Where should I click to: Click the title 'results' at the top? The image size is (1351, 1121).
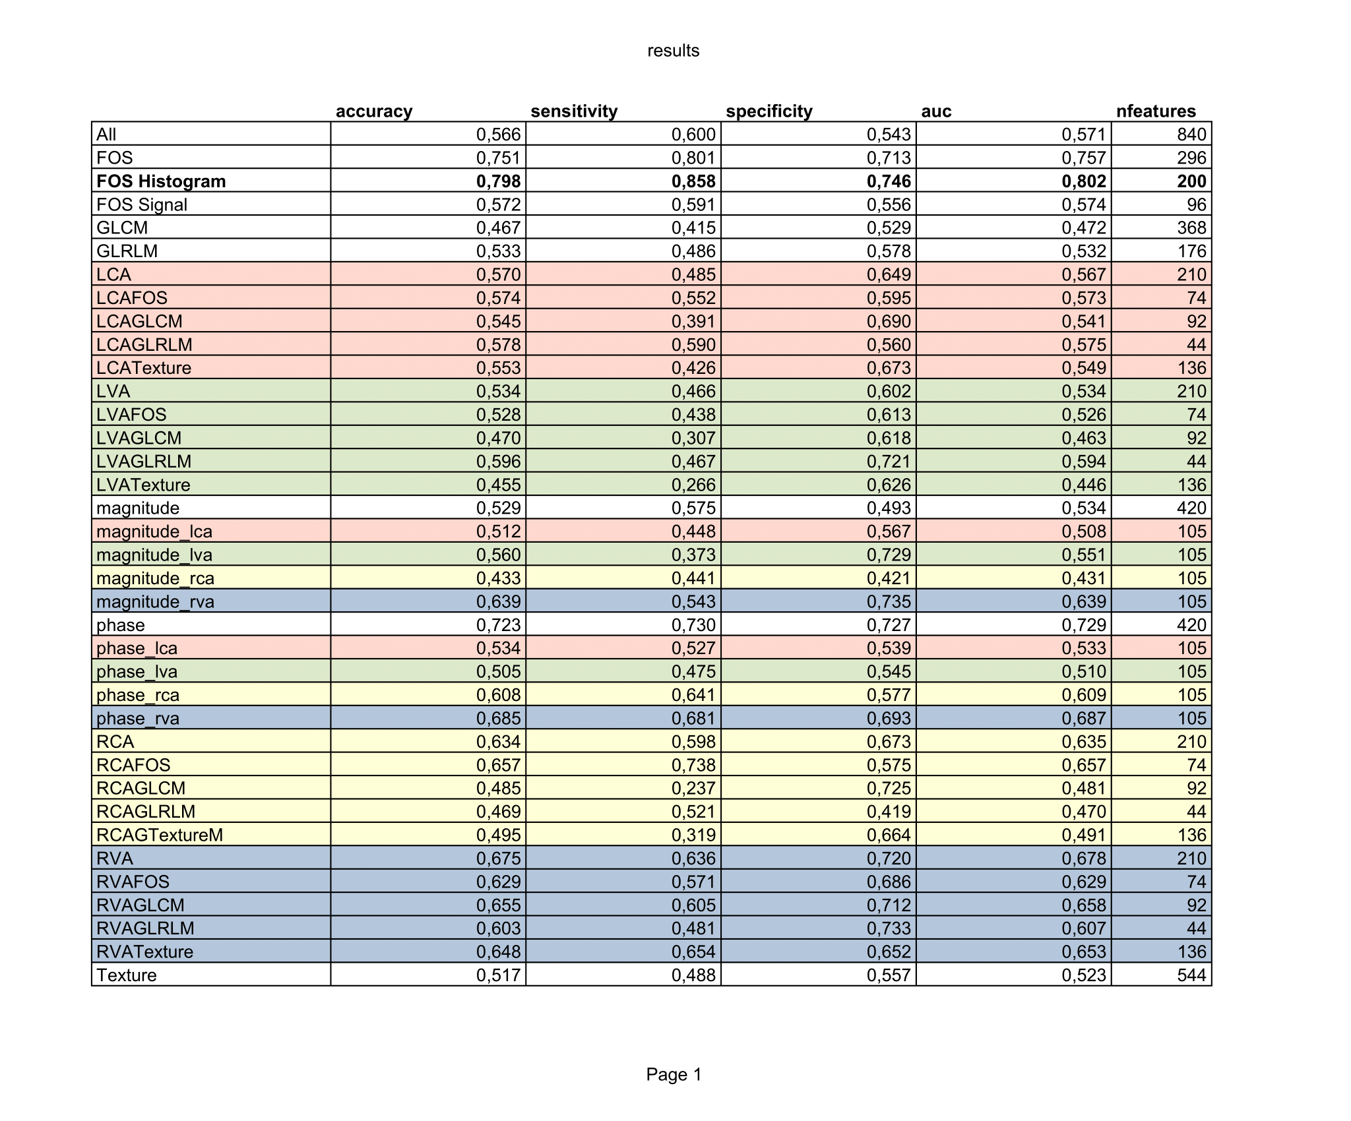(673, 51)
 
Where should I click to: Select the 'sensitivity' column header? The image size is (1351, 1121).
(574, 111)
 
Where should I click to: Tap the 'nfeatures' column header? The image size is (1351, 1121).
(1156, 111)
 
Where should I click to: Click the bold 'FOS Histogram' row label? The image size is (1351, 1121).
(161, 181)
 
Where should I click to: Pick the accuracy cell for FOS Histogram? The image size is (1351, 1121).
(498, 181)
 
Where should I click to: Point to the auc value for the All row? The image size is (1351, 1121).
(1083, 134)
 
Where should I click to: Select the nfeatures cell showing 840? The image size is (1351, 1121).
(1191, 134)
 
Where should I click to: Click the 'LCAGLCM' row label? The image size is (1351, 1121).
(139, 321)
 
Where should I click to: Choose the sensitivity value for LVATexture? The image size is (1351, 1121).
(693, 485)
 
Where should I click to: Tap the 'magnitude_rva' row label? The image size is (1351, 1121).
(155, 601)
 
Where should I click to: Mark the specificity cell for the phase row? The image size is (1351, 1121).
(889, 624)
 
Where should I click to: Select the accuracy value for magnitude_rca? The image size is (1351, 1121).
(498, 578)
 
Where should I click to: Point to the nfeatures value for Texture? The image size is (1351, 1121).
(1191, 975)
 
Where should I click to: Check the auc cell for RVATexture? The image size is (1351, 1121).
(1083, 952)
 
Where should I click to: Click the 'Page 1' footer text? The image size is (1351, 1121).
(674, 1075)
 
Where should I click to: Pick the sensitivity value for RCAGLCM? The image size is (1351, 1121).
(693, 788)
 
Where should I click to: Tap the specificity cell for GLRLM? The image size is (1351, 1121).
(889, 251)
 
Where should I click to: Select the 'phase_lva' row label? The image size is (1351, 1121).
(137, 671)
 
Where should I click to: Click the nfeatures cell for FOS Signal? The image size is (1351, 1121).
(1196, 204)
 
